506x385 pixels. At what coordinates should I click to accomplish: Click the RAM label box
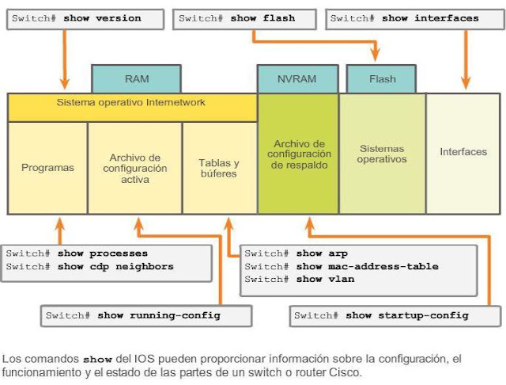[x=136, y=79]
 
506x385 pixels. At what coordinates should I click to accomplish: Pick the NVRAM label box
[x=297, y=79]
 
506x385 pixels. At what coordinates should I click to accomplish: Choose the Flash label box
[x=381, y=79]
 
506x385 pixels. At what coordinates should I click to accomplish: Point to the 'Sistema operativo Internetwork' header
[x=131, y=103]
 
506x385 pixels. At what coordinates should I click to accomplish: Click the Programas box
[x=47, y=168]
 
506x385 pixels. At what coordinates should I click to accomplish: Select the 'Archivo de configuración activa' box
[x=135, y=168]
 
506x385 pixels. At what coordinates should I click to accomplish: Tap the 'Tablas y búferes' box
[x=218, y=168]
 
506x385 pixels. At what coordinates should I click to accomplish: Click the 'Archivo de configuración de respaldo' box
[x=297, y=154]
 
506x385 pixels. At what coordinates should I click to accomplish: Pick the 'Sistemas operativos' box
[x=382, y=154]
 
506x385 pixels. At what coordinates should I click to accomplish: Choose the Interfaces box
[x=463, y=151]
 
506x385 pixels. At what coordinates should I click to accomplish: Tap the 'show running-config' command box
[x=145, y=315]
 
